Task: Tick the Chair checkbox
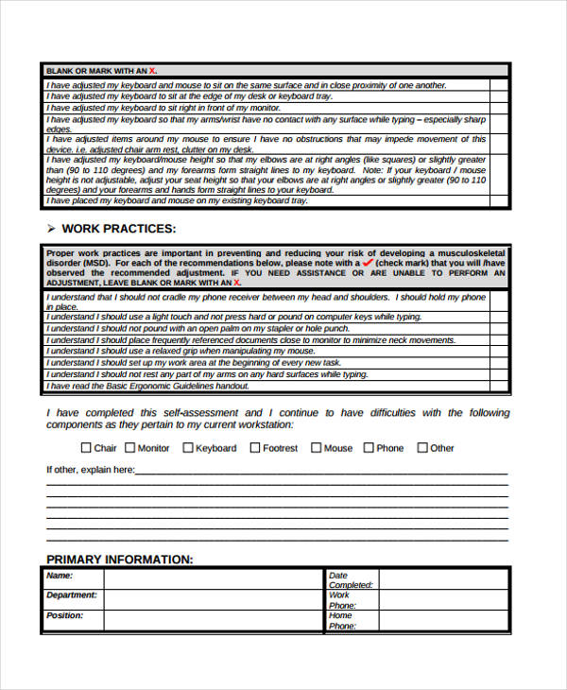click(86, 448)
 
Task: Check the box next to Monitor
click(129, 448)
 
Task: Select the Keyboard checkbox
click(187, 448)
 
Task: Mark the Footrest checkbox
click(255, 448)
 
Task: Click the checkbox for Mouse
click(316, 448)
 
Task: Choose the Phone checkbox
click(369, 448)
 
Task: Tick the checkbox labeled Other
click(422, 448)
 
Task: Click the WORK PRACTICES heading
click(118, 229)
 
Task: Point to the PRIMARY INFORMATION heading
click(119, 560)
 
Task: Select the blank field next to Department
click(213, 598)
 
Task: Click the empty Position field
click(213, 620)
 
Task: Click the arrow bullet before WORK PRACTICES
click(51, 229)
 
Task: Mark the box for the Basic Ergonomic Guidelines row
click(498, 386)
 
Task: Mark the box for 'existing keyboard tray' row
click(498, 200)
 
